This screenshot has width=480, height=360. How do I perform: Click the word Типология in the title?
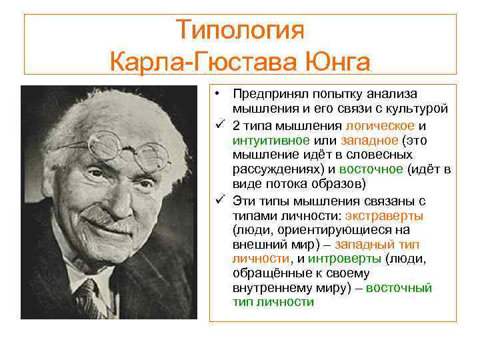click(x=240, y=29)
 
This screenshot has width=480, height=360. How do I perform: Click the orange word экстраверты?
click(x=384, y=215)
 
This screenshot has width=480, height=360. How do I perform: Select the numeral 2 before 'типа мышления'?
click(x=237, y=126)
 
